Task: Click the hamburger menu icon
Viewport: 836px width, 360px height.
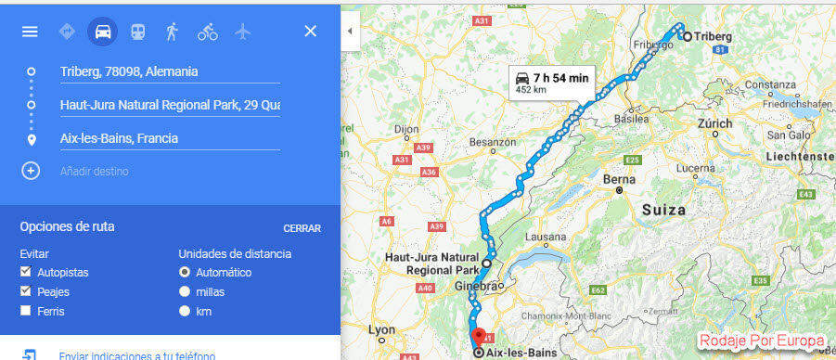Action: (x=30, y=32)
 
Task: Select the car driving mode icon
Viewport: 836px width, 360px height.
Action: (x=103, y=32)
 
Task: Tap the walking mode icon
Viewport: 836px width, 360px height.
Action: (x=172, y=32)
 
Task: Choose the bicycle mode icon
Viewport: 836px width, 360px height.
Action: (x=207, y=32)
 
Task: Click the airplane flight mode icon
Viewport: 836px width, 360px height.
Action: (x=243, y=32)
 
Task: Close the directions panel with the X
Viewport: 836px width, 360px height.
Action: (x=311, y=32)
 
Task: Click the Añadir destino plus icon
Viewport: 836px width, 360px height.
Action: (x=31, y=171)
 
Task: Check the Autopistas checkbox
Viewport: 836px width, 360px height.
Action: (x=25, y=273)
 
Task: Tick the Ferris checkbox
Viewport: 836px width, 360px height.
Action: (x=25, y=310)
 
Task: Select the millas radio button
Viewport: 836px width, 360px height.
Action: (x=185, y=291)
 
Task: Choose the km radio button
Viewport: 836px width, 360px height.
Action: (x=185, y=310)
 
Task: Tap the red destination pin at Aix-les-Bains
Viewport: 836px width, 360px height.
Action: (x=478, y=336)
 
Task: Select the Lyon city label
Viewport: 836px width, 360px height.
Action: (x=384, y=329)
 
